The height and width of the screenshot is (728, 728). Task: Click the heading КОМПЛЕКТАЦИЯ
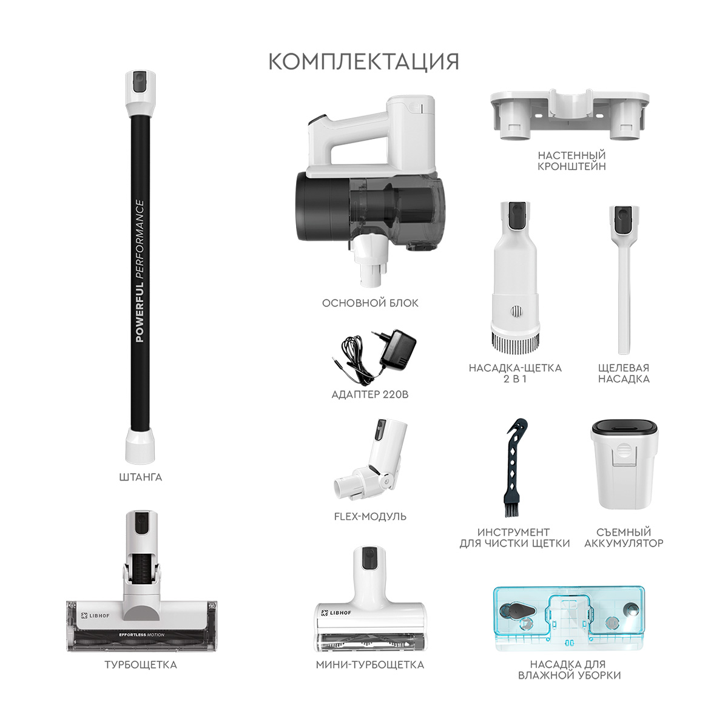click(363, 62)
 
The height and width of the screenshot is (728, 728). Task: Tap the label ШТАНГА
click(141, 477)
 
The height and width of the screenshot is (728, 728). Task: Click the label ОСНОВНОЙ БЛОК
click(370, 303)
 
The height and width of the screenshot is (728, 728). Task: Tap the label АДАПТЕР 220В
click(370, 394)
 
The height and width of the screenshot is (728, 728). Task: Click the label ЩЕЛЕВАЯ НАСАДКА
click(624, 373)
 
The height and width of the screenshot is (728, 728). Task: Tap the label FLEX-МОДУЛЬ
click(370, 516)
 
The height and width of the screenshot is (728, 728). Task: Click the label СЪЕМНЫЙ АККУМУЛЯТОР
click(624, 538)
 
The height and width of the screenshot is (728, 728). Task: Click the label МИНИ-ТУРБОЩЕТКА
click(370, 665)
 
